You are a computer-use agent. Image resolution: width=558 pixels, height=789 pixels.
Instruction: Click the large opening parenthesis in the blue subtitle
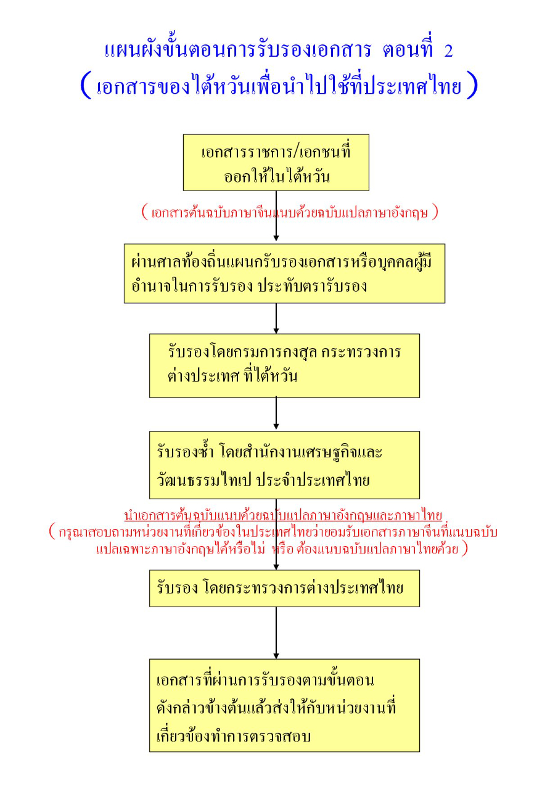86,86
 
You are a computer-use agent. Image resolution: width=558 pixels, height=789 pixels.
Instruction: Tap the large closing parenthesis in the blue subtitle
472,86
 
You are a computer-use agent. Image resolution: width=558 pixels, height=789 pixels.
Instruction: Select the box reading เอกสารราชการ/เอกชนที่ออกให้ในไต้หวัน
276,163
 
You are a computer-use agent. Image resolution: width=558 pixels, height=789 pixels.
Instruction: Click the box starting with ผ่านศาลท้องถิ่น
284,273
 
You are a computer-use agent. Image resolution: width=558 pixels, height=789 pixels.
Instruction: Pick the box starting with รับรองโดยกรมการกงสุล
284,366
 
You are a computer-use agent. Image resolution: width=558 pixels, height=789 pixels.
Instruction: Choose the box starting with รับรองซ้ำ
284,464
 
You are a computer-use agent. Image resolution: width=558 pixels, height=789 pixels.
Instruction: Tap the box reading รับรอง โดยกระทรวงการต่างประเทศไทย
284,588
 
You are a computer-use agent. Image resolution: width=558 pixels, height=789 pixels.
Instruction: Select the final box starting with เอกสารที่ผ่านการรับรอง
284,705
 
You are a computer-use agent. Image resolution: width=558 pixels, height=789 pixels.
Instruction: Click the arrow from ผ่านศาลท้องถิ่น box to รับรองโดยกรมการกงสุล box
276,319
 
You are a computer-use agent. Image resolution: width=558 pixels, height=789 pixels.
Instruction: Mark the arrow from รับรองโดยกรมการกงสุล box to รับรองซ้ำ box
276,414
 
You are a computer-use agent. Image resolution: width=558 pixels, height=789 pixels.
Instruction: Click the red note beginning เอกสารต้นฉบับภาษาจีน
290,212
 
